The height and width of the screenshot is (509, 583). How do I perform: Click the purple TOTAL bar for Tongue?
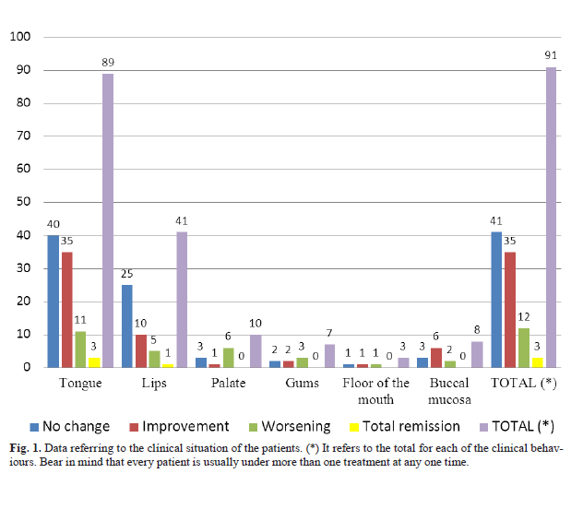(x=108, y=220)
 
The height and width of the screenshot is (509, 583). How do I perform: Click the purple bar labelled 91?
(x=551, y=217)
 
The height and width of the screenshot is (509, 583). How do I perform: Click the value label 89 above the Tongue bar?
(x=108, y=63)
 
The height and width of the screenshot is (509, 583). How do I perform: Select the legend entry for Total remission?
(x=406, y=426)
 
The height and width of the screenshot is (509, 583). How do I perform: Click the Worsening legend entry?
(x=290, y=426)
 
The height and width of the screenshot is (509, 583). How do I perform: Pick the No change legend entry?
(x=70, y=426)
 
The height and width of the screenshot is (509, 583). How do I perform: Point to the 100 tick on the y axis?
(x=20, y=37)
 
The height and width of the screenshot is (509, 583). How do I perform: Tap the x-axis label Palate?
(x=229, y=383)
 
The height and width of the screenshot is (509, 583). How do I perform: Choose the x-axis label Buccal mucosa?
(x=450, y=390)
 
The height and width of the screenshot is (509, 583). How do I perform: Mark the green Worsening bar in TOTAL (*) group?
(x=522, y=348)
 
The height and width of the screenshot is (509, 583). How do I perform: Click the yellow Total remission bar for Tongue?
(x=93, y=362)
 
